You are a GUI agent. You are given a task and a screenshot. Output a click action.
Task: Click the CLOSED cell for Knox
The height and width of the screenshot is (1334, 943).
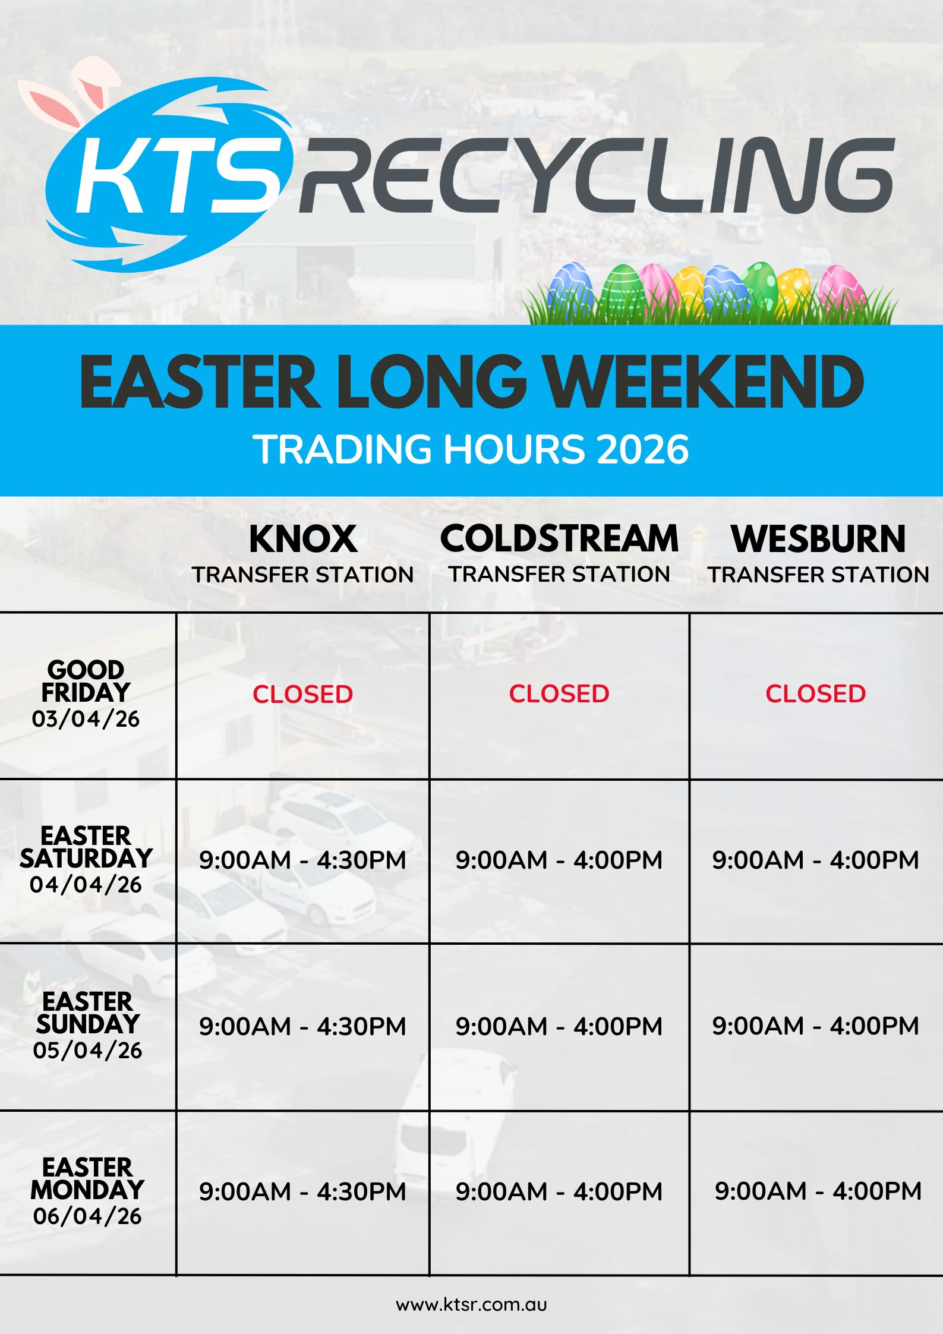tap(303, 694)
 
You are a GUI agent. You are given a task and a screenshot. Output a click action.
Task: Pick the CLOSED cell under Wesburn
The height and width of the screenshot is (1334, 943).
tap(815, 693)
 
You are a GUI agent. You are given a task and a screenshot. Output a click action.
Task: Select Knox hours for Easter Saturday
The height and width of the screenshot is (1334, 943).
tap(302, 860)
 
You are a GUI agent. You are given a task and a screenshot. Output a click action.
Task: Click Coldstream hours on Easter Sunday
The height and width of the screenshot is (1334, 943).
tap(559, 1026)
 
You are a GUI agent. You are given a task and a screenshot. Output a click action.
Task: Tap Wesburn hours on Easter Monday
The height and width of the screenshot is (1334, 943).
tap(818, 1191)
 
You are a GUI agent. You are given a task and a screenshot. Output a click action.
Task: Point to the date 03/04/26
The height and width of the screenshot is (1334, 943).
tap(86, 719)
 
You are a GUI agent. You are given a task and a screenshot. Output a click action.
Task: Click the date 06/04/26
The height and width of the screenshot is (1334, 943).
tap(87, 1216)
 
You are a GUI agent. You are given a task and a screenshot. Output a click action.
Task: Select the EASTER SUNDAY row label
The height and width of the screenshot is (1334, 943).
tap(87, 1013)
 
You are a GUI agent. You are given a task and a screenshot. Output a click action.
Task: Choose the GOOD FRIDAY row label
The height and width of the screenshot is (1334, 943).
tap(86, 681)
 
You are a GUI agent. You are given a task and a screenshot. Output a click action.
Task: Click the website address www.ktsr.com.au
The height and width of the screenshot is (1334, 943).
tap(471, 1304)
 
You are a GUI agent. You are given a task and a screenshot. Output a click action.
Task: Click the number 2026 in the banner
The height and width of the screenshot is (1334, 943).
tap(642, 449)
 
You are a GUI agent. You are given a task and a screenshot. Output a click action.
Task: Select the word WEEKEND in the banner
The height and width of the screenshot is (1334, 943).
tap(704, 382)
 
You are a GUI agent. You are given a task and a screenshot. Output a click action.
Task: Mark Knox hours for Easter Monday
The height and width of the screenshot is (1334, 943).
tap(302, 1191)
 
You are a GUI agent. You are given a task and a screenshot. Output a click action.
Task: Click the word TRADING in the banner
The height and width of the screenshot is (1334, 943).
tap(342, 449)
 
